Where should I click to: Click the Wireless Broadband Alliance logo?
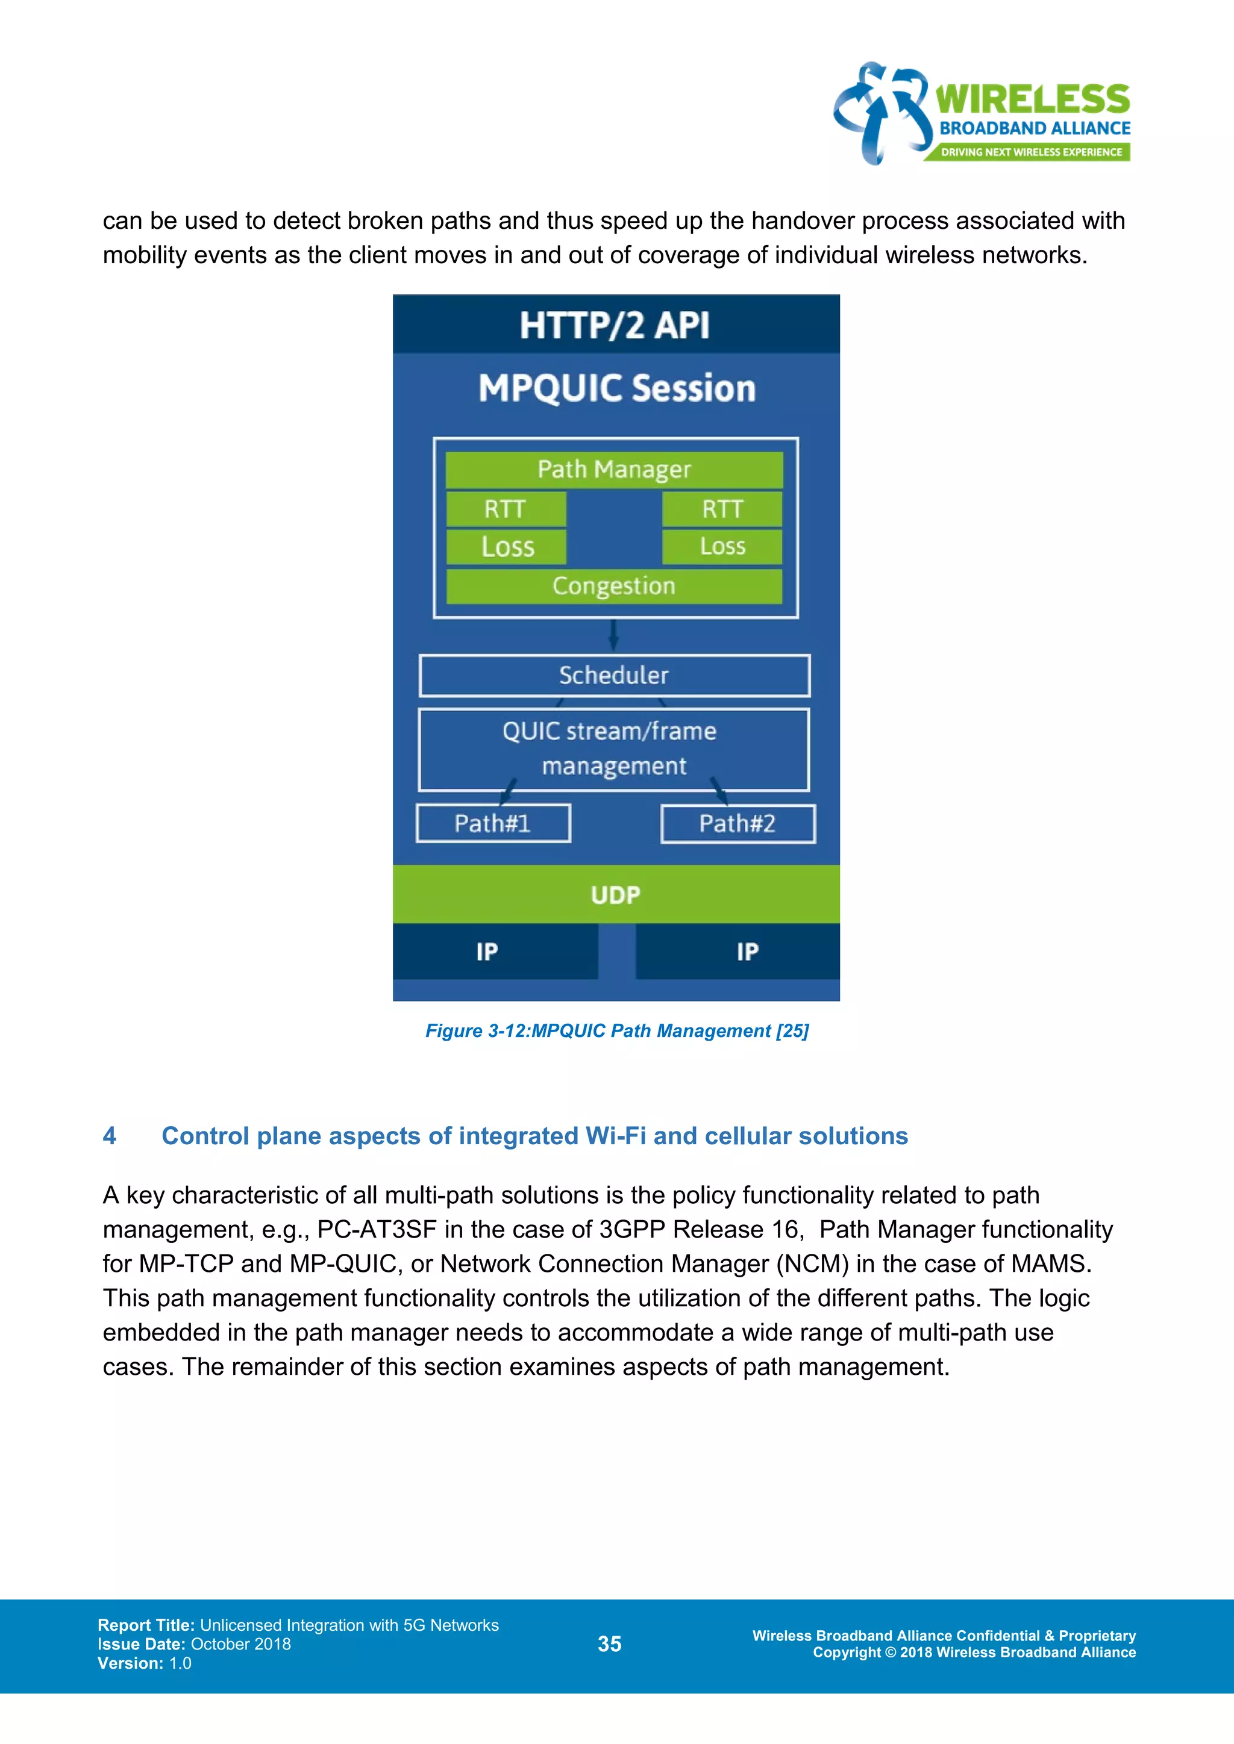click(x=982, y=114)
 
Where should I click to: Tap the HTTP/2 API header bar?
click(x=615, y=325)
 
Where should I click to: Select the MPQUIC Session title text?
click(x=617, y=388)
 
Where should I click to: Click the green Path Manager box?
click(x=614, y=469)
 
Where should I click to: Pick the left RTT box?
click(x=506, y=509)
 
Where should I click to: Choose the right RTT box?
click(x=722, y=509)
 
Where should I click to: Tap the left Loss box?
click(x=506, y=547)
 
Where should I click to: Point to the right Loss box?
click(x=722, y=547)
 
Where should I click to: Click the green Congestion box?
click(x=614, y=585)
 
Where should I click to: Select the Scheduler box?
click(x=614, y=675)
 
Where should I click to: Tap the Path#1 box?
click(x=493, y=823)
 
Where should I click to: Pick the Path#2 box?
click(x=738, y=823)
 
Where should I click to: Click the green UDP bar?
click(x=615, y=895)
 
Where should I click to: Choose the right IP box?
click(x=747, y=951)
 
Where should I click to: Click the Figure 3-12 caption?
click(x=616, y=1031)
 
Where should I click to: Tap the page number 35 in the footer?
click(x=609, y=1644)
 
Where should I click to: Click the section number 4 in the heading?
click(x=110, y=1136)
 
